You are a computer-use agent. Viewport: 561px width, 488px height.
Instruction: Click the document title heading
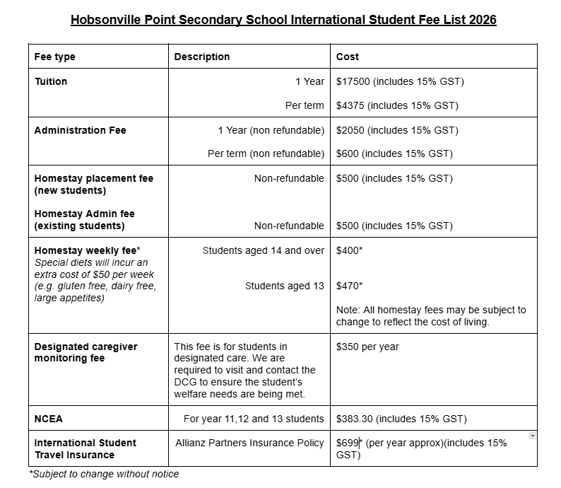tap(283, 20)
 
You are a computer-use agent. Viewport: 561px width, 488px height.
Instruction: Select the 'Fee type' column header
tap(54, 57)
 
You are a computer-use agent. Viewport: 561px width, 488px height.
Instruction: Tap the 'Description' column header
tap(201, 57)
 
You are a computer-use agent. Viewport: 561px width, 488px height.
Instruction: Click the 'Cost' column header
tap(348, 57)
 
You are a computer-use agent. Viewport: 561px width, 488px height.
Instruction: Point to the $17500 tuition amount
tap(353, 81)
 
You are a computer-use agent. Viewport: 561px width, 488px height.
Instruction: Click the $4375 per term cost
tap(350, 105)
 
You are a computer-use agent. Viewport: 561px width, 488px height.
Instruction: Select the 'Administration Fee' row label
tap(80, 130)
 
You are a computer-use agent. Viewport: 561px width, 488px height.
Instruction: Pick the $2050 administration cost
tap(350, 130)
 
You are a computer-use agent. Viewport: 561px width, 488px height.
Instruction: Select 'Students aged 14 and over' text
tap(263, 250)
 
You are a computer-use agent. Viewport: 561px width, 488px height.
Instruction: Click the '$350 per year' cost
tap(367, 347)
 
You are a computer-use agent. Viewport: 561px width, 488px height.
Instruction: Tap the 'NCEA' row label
tap(48, 419)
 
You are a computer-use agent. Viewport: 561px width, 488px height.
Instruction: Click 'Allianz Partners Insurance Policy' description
tap(249, 443)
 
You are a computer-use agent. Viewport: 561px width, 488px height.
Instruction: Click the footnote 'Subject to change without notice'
tap(104, 474)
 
